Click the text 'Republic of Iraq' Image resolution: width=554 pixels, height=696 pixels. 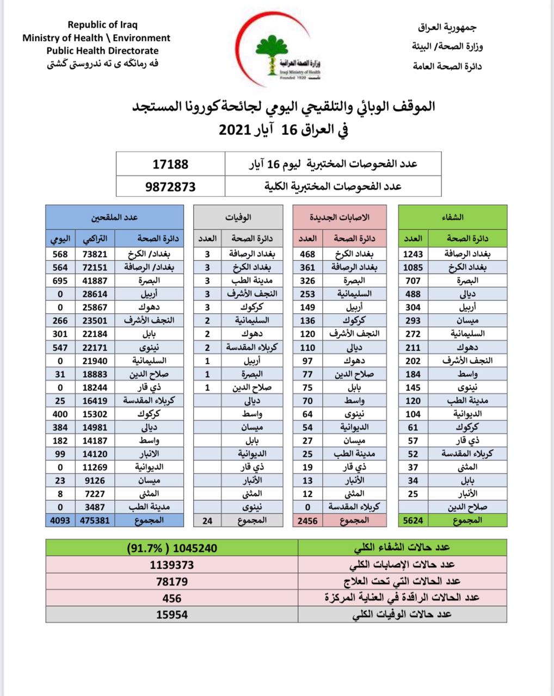tap(102, 24)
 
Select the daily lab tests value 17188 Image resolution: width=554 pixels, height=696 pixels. tap(170, 163)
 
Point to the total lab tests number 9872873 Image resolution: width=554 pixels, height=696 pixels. tap(170, 186)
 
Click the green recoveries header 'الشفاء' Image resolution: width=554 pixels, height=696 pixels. tap(453, 217)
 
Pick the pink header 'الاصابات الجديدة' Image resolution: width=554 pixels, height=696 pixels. tap(340, 217)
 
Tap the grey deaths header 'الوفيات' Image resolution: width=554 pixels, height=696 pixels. tap(238, 217)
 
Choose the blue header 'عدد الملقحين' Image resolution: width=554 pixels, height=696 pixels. tap(114, 217)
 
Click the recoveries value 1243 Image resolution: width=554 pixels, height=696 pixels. tap(413, 254)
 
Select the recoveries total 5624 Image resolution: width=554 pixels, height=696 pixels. tap(413, 520)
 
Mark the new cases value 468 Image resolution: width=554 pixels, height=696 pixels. tap(307, 254)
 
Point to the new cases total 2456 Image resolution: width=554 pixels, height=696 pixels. tap(307, 520)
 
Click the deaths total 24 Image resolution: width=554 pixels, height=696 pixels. tap(207, 520)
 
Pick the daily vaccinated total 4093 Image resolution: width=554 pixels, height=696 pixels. tap(59, 520)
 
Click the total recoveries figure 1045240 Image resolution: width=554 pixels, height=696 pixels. tap(172, 548)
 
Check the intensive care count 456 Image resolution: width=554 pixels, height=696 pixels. tap(172, 598)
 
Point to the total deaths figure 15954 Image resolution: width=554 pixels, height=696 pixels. tap(172, 614)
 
